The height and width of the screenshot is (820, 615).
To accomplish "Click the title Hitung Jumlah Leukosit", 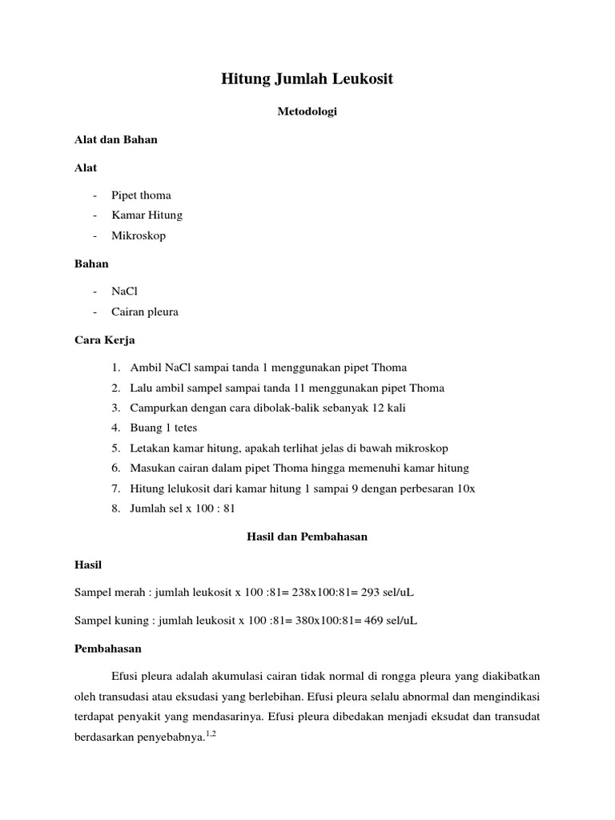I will click(307, 79).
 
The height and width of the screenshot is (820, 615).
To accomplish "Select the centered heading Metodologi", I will click(307, 112).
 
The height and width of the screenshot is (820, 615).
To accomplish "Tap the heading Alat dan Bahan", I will click(116, 139).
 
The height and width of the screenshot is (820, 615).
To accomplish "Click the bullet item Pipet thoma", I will click(142, 195).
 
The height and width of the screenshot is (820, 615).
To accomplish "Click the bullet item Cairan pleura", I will click(145, 312).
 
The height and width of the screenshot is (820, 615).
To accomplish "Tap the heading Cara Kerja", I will click(105, 340).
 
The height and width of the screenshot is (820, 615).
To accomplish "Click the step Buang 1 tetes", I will click(163, 428).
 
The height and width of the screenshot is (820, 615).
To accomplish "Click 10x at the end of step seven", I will click(466, 488).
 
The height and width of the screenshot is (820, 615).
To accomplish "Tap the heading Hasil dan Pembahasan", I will click(307, 537).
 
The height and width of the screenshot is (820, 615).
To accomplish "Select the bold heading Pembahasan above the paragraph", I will click(107, 649).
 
